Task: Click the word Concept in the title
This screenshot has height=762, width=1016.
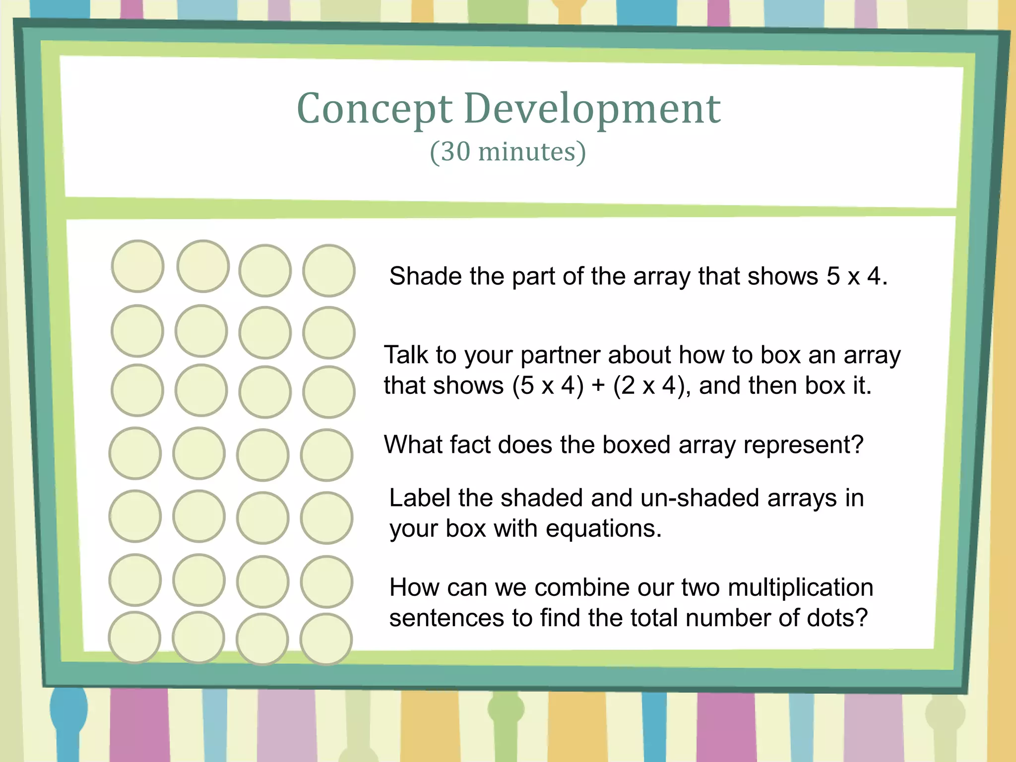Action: click(x=375, y=109)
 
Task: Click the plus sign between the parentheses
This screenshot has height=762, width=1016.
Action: click(x=598, y=385)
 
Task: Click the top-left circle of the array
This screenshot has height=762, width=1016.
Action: click(x=137, y=266)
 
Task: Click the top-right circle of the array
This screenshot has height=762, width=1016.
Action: click(x=328, y=270)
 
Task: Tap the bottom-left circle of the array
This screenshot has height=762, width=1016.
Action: click(x=134, y=637)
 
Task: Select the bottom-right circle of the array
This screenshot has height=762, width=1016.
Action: click(x=326, y=639)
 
